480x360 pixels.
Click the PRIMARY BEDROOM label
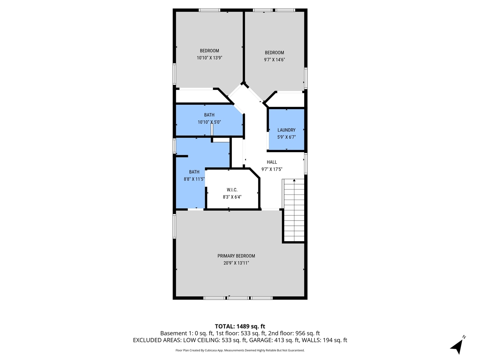click(x=236, y=256)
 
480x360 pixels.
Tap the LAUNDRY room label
click(x=286, y=130)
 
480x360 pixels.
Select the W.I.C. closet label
click(x=232, y=190)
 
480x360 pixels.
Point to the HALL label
click(x=272, y=162)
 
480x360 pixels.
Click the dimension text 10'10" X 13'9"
click(x=209, y=58)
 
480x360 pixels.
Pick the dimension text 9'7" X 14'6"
click(x=274, y=60)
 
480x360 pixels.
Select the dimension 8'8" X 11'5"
click(x=194, y=179)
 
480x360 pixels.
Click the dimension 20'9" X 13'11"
click(x=236, y=263)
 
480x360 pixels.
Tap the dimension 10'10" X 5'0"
click(x=209, y=122)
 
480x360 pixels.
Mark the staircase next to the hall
click(x=294, y=210)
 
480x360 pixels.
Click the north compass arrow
click(x=457, y=345)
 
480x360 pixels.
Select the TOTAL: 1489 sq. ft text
click(x=240, y=326)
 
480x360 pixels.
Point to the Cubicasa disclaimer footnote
click(x=240, y=350)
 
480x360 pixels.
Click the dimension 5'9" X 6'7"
click(x=286, y=137)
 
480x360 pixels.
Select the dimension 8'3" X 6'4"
click(x=232, y=196)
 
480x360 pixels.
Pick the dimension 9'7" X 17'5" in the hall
click(x=272, y=169)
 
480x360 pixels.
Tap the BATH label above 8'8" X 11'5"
click(x=194, y=172)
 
